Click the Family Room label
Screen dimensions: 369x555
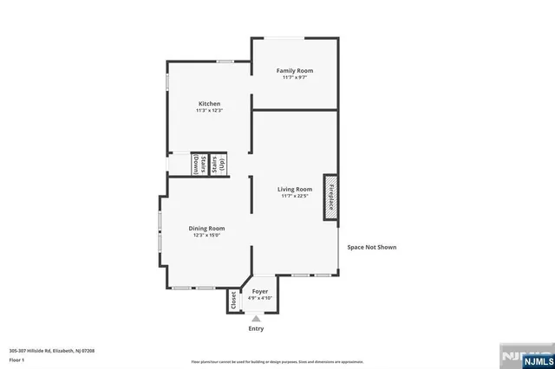[294, 70]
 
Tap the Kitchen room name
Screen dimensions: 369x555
[208, 104]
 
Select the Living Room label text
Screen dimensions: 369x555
[294, 189]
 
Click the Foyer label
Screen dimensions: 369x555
[259, 291]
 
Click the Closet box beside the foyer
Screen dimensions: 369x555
[233, 300]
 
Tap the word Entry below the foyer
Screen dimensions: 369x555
[256, 328]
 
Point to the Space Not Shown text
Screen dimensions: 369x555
[372, 247]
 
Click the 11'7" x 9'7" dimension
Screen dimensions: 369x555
[294, 78]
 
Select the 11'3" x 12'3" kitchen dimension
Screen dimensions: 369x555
[208, 111]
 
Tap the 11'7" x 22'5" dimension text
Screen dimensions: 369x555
[294, 196]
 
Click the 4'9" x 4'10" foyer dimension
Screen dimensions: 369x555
[259, 298]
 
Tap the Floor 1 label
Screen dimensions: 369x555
[16, 359]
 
